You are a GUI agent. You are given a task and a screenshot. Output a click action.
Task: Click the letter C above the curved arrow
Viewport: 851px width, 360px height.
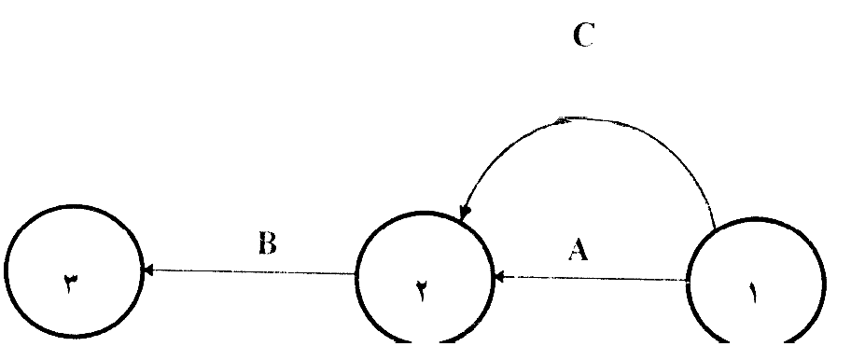pos(583,35)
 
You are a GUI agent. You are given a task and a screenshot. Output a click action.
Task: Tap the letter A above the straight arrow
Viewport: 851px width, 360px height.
pos(578,251)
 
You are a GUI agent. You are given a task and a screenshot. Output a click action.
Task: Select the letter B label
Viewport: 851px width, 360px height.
pos(267,244)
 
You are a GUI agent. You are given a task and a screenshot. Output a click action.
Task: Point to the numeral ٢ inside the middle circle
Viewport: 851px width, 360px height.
pos(423,293)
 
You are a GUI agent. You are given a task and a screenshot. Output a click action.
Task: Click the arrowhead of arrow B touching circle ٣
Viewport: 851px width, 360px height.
pos(147,270)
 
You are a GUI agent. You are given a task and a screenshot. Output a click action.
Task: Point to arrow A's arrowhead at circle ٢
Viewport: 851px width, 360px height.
pos(500,277)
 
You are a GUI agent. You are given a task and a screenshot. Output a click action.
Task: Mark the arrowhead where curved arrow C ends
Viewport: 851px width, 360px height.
pos(465,213)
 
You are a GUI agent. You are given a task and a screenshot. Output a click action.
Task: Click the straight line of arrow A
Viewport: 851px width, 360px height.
pos(592,278)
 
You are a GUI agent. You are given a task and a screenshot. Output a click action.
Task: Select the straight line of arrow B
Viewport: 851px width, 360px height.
pos(250,271)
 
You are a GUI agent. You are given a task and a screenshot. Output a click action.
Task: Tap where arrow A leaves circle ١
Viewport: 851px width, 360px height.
pos(687,280)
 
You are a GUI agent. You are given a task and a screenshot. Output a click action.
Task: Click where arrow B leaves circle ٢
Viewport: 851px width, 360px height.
pos(356,273)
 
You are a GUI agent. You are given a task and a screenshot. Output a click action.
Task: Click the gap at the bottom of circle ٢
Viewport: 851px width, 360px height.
pos(425,342)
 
